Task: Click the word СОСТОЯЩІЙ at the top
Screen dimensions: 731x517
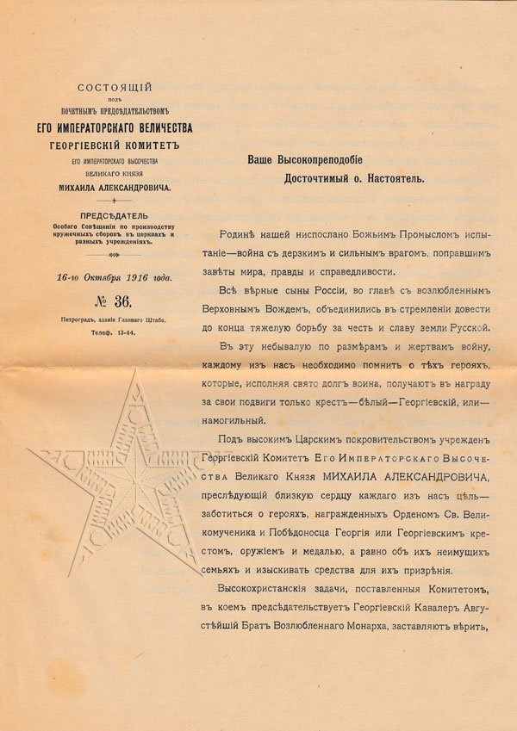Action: (x=115, y=87)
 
